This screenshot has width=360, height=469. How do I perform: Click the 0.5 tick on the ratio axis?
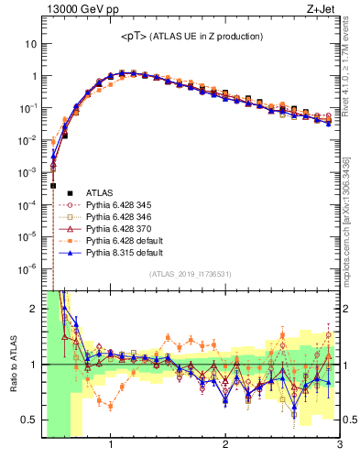29,420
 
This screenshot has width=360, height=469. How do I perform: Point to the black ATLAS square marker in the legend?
64,192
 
